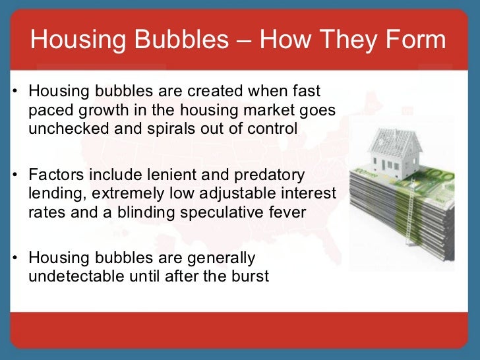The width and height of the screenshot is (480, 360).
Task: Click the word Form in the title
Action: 417,40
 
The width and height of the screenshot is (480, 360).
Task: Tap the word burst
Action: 249,276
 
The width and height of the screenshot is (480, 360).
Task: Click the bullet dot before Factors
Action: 15,176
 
